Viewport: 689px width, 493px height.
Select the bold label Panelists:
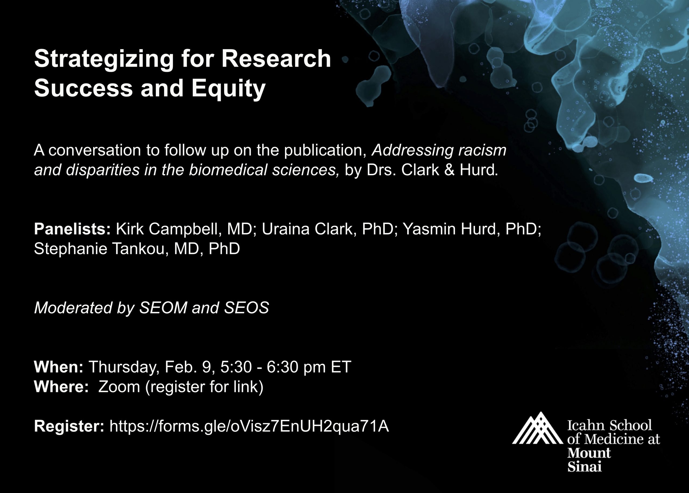pyautogui.click(x=72, y=229)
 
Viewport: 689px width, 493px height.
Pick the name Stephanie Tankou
pyautogui.click(x=101, y=249)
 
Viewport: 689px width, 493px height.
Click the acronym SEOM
pyautogui.click(x=163, y=308)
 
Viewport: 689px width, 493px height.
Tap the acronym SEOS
pyautogui.click(x=247, y=308)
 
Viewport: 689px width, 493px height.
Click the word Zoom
pyautogui.click(x=119, y=387)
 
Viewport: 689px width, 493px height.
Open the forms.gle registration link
pyautogui.click(x=249, y=426)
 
